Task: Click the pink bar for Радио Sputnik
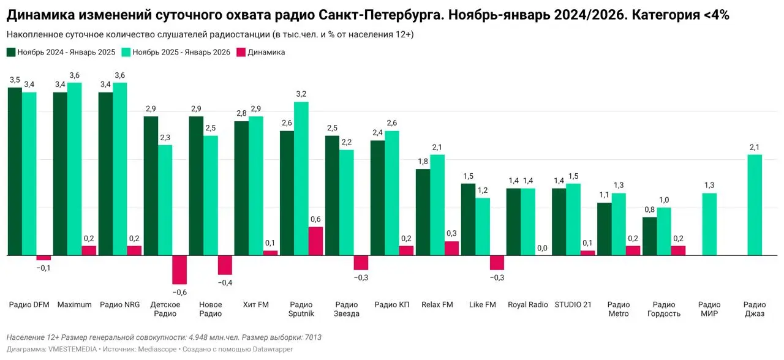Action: coord(315,241)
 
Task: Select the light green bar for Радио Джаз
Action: coord(755,204)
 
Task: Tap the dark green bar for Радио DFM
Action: coord(15,171)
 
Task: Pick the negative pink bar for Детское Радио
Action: coord(179,269)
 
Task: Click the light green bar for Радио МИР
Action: coord(709,224)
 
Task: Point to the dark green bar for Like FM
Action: coord(468,219)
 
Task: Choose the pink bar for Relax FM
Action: coord(451,248)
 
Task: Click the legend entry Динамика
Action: coord(266,52)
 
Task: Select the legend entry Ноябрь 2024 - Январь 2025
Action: coord(66,52)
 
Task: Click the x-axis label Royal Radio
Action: coord(527,305)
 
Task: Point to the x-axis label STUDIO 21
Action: coord(573,305)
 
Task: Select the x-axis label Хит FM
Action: coord(255,305)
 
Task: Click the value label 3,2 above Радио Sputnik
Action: coord(301,94)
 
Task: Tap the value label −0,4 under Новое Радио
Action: coord(225,283)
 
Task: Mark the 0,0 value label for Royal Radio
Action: coord(542,248)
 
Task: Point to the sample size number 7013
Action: coord(313,337)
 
